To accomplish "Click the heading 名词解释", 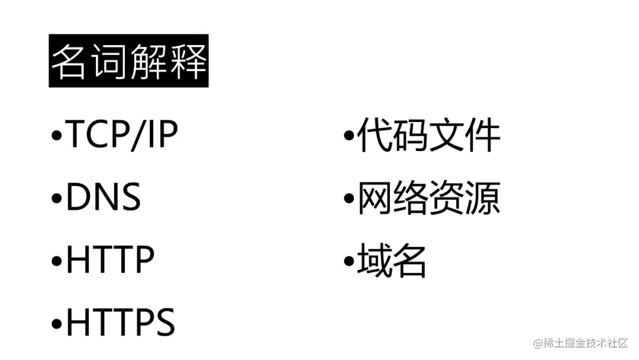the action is pyautogui.click(x=128, y=62).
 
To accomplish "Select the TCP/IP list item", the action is pyautogui.click(x=122, y=136).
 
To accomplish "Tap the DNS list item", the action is pyautogui.click(x=104, y=197).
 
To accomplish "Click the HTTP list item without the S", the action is pyautogui.click(x=110, y=259).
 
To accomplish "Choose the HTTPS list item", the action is pyautogui.click(x=120, y=322).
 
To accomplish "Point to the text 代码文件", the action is pyautogui.click(x=428, y=136).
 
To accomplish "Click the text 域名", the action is pyautogui.click(x=392, y=260).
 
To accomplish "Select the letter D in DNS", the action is pyautogui.click(x=78, y=197).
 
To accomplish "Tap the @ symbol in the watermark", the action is pyautogui.click(x=538, y=343).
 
